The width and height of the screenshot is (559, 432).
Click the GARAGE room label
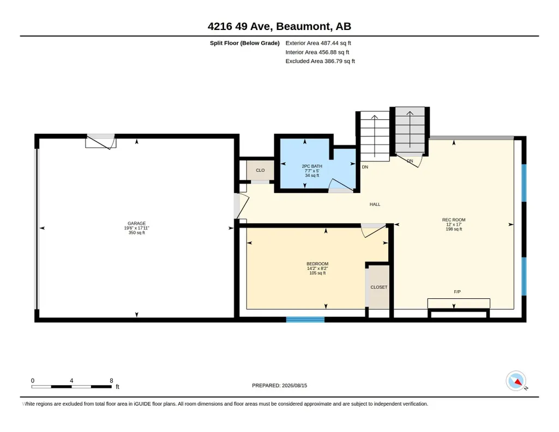click(136, 224)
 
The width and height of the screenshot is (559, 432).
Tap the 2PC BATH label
click(312, 166)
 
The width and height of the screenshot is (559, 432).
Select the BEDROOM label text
click(317, 264)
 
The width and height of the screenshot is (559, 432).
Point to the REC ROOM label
click(454, 220)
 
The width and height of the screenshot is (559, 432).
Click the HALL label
click(375, 204)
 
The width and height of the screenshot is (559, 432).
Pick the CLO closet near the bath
click(260, 170)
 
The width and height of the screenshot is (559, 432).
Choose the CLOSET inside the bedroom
click(378, 287)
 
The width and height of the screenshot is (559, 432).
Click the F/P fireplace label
click(458, 292)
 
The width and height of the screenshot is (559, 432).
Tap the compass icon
click(516, 381)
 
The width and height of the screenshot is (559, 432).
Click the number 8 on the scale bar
click(112, 381)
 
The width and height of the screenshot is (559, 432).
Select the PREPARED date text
click(279, 385)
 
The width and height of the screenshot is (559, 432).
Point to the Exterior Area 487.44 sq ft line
click(318, 43)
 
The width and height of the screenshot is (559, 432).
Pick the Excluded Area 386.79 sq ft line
click(320, 61)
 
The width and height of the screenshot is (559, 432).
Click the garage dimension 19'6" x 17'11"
click(136, 228)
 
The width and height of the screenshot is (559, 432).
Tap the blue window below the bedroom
click(305, 320)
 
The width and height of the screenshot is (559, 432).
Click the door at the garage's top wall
click(101, 141)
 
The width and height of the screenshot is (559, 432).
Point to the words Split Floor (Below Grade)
click(244, 43)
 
